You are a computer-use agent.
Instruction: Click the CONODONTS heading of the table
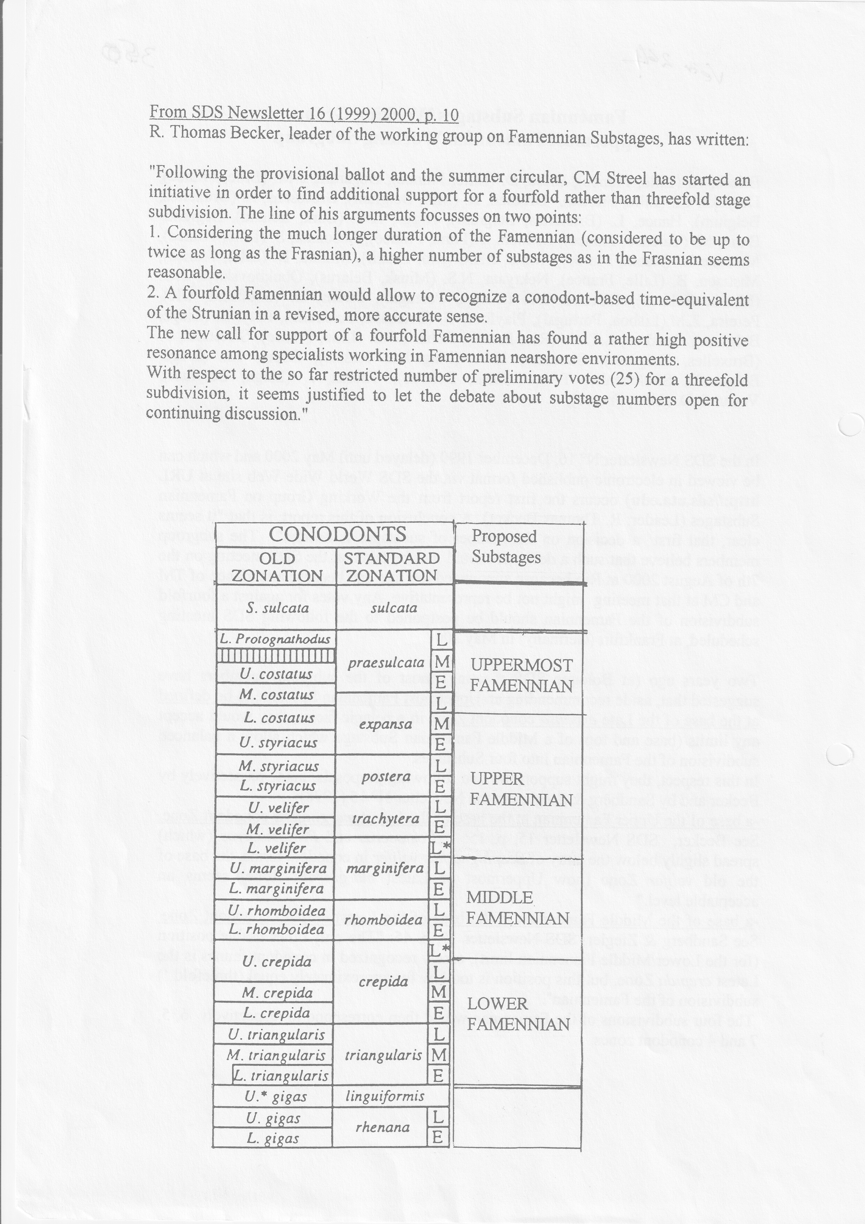coord(337,534)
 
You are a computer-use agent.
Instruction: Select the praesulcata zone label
coord(386,664)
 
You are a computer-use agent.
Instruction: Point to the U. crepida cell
coord(277,962)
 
